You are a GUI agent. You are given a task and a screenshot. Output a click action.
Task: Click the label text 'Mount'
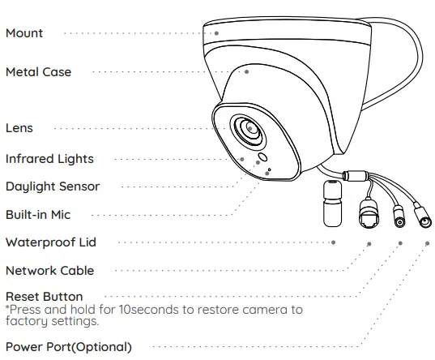24,33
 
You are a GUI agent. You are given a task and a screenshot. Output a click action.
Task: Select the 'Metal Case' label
38,72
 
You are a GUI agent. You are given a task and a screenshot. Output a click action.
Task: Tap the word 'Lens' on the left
19,128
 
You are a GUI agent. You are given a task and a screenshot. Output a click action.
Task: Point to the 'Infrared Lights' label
49,159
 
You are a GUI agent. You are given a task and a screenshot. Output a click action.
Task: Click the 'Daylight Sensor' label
53,186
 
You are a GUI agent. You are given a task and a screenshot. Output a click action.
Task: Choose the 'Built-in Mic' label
38,215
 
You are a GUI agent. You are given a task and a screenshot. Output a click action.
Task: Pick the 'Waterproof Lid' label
51,242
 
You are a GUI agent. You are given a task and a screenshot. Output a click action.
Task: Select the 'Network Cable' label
49,271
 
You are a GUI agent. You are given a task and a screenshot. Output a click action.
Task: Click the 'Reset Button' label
44,297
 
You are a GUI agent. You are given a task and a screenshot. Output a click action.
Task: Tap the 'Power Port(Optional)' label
68,347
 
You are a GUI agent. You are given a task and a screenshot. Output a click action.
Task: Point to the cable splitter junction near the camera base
354,175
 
